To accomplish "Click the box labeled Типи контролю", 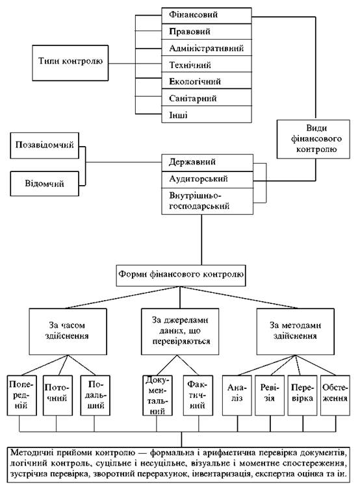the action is (70, 63).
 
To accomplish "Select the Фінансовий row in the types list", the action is (207, 15).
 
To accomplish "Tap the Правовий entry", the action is (207, 31).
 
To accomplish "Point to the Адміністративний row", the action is (207, 48).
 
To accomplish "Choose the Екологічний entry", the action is (207, 81).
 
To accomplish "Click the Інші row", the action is (207, 114).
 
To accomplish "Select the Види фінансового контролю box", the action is (313, 139).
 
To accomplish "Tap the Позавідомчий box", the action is (44, 145).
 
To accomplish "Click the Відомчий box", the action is (44, 183).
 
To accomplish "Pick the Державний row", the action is (207, 162).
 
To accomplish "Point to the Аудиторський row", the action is (207, 179).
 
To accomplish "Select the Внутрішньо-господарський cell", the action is (207, 201).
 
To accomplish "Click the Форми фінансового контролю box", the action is (181, 275).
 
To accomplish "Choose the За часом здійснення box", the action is (68, 331).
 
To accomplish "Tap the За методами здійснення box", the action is (295, 331).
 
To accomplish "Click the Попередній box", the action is (21, 395).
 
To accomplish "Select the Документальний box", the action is (157, 395).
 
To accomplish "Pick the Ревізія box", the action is (270, 395).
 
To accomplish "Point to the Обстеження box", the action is (335, 395).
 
